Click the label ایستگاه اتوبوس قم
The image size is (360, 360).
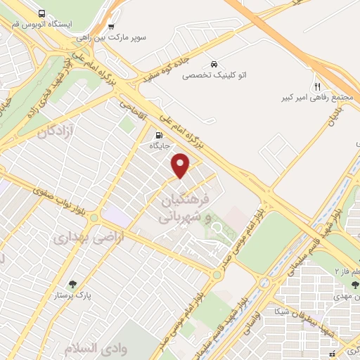(41, 25)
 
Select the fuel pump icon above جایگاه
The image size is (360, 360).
(159, 135)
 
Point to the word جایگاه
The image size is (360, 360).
(159, 146)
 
